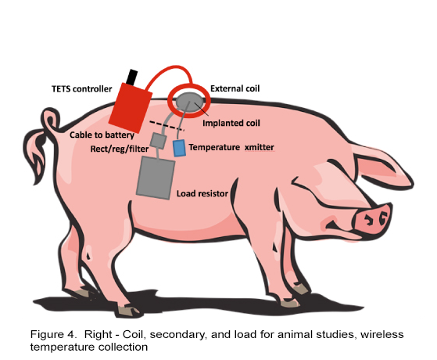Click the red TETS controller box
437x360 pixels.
[130, 108]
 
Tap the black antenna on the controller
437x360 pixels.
[131, 77]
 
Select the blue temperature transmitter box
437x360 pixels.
[179, 148]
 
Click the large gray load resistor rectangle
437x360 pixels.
[156, 178]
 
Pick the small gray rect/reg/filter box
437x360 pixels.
[158, 141]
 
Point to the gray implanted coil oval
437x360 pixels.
[189, 101]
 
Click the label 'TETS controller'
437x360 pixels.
[81, 89]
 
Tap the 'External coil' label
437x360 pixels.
[235, 88]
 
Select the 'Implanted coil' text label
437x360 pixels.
[231, 123]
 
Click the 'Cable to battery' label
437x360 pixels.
[102, 135]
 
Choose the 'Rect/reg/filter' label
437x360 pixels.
[120, 149]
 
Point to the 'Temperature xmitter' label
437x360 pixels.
[231, 147]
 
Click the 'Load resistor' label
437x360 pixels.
[202, 193]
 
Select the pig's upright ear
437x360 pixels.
[381, 164]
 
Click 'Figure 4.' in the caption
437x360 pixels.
[52, 334]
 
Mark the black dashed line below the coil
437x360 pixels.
[167, 125]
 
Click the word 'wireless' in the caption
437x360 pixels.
[381, 334]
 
